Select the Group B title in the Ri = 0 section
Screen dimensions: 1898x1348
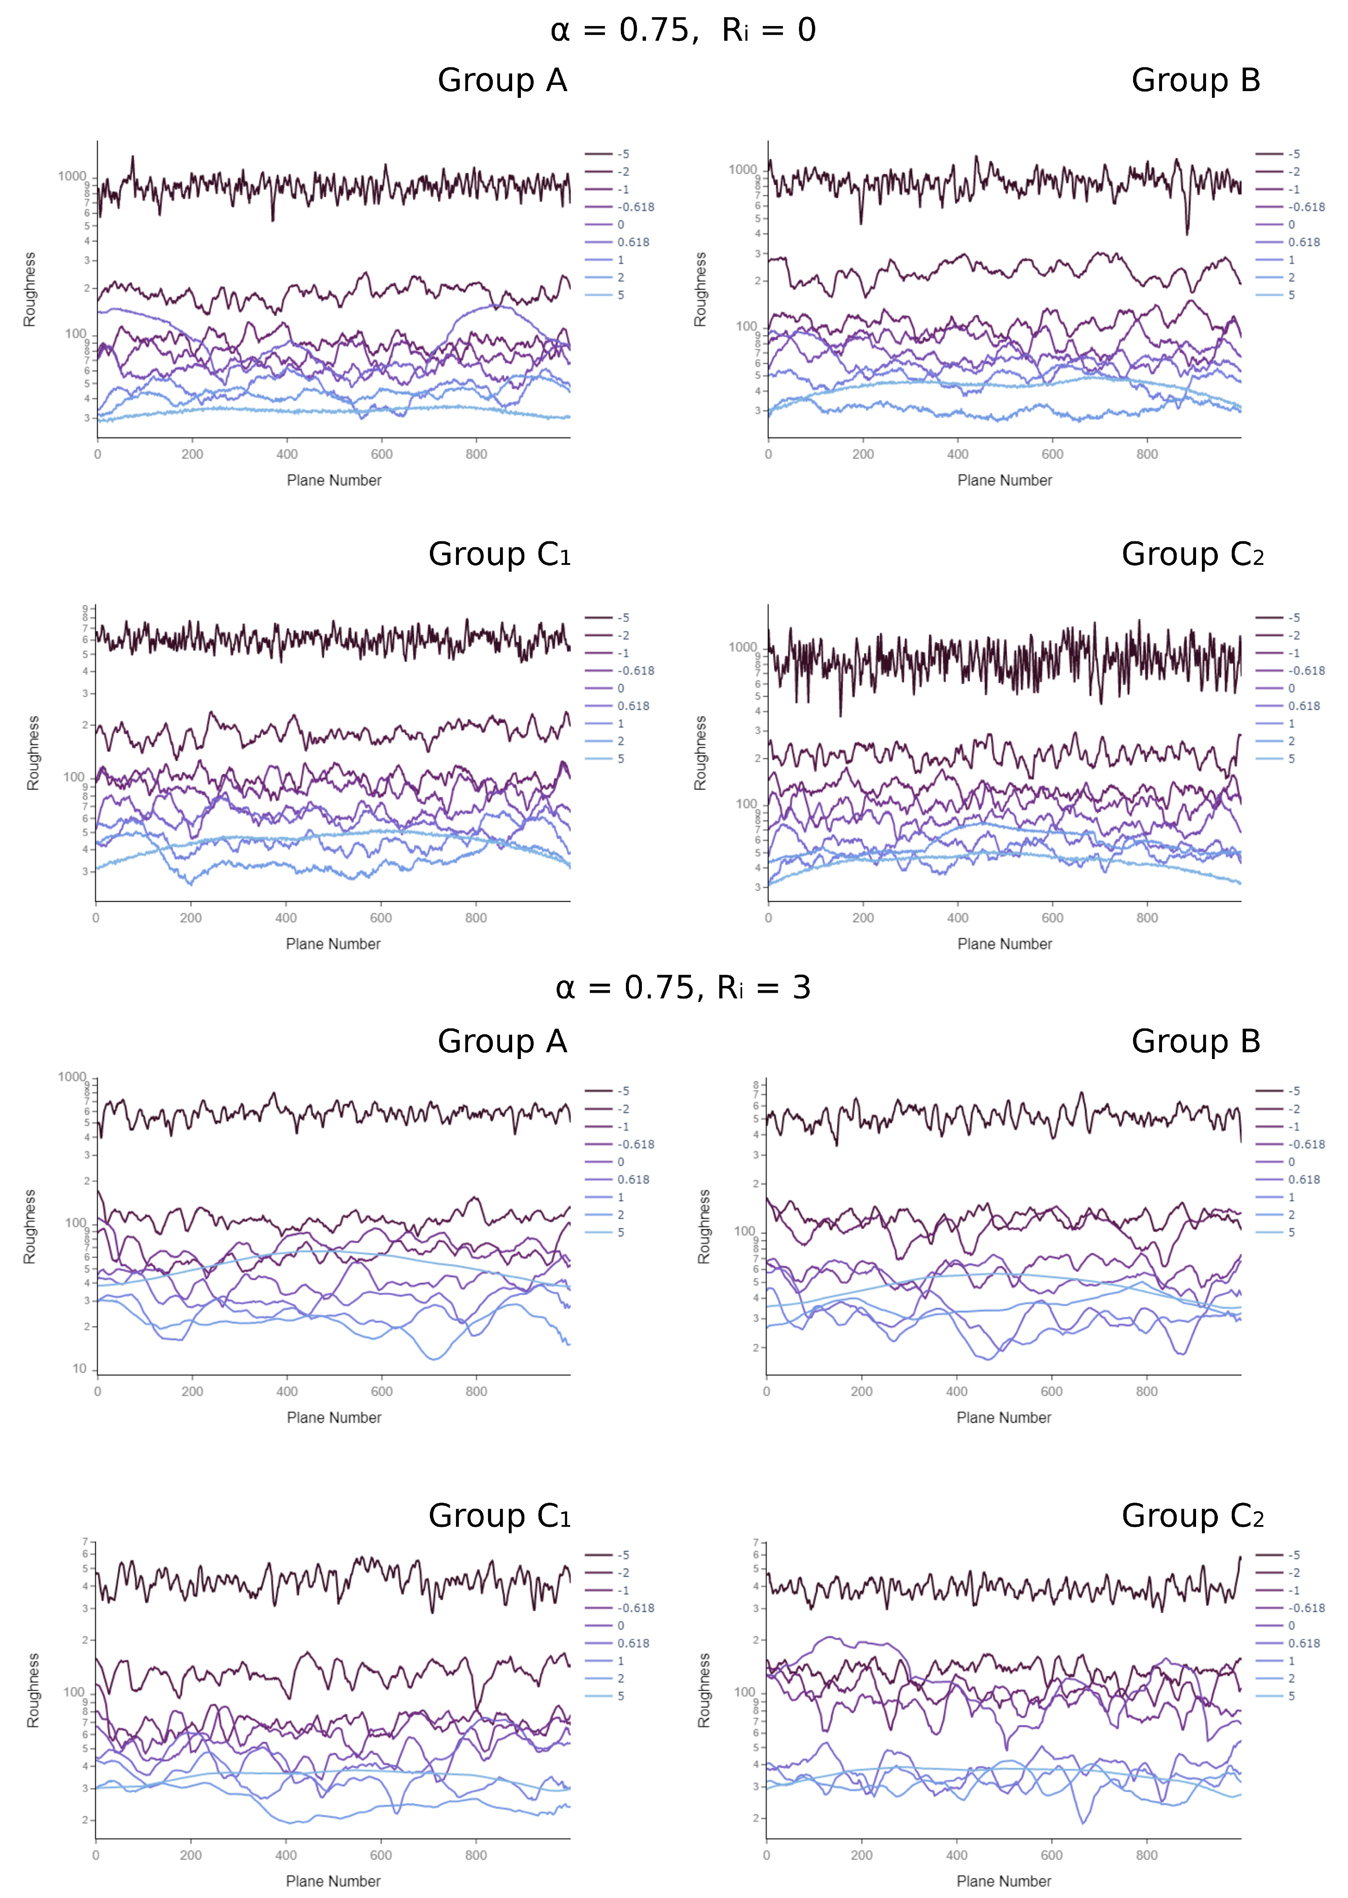click(1195, 81)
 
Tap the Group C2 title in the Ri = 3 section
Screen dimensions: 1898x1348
click(1192, 1516)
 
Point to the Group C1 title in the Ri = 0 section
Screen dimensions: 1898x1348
click(499, 555)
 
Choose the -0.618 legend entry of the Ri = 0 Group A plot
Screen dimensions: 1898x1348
click(635, 207)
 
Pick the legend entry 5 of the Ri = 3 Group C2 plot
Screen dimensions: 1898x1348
click(1291, 1696)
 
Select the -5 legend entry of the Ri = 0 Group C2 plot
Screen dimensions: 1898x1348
click(1293, 618)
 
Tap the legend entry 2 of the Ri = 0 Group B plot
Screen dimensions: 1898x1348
click(1291, 277)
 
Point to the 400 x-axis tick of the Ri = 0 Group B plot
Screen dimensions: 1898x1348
click(957, 454)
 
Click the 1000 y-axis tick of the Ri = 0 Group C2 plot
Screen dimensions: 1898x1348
click(742, 647)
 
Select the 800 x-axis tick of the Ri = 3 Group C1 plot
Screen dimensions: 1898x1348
click(476, 1855)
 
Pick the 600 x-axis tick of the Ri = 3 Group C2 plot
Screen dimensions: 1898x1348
click(1051, 1855)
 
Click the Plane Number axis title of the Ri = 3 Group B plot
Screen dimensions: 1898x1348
click(1003, 1417)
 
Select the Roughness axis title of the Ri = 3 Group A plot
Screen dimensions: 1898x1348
click(30, 1226)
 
